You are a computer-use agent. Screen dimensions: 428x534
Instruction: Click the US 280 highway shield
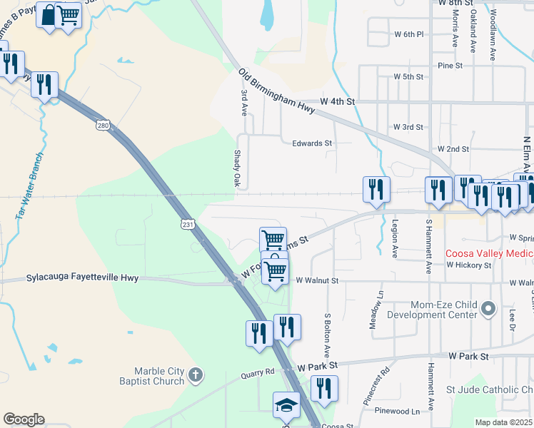[x=104, y=126]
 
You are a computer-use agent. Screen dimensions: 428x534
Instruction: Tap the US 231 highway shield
[x=186, y=224]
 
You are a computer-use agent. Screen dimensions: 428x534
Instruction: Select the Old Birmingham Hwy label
[x=277, y=91]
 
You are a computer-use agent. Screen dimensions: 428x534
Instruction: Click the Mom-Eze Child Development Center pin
[x=488, y=309]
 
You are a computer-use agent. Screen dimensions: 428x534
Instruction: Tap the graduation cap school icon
[x=286, y=406]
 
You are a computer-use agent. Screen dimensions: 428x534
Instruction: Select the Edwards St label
[x=312, y=143]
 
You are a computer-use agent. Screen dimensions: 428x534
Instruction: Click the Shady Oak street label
[x=238, y=169]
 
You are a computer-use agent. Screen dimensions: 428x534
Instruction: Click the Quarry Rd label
[x=258, y=372]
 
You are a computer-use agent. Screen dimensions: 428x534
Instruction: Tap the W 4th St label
[x=338, y=103]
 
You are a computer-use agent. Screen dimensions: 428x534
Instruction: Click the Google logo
[x=24, y=419]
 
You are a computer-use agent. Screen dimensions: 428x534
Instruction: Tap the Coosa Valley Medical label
[x=489, y=253]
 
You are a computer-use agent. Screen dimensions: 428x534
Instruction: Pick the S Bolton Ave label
[x=327, y=335]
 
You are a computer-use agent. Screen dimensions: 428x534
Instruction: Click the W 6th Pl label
[x=409, y=34]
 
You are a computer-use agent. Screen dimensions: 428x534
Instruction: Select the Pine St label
[x=450, y=65]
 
